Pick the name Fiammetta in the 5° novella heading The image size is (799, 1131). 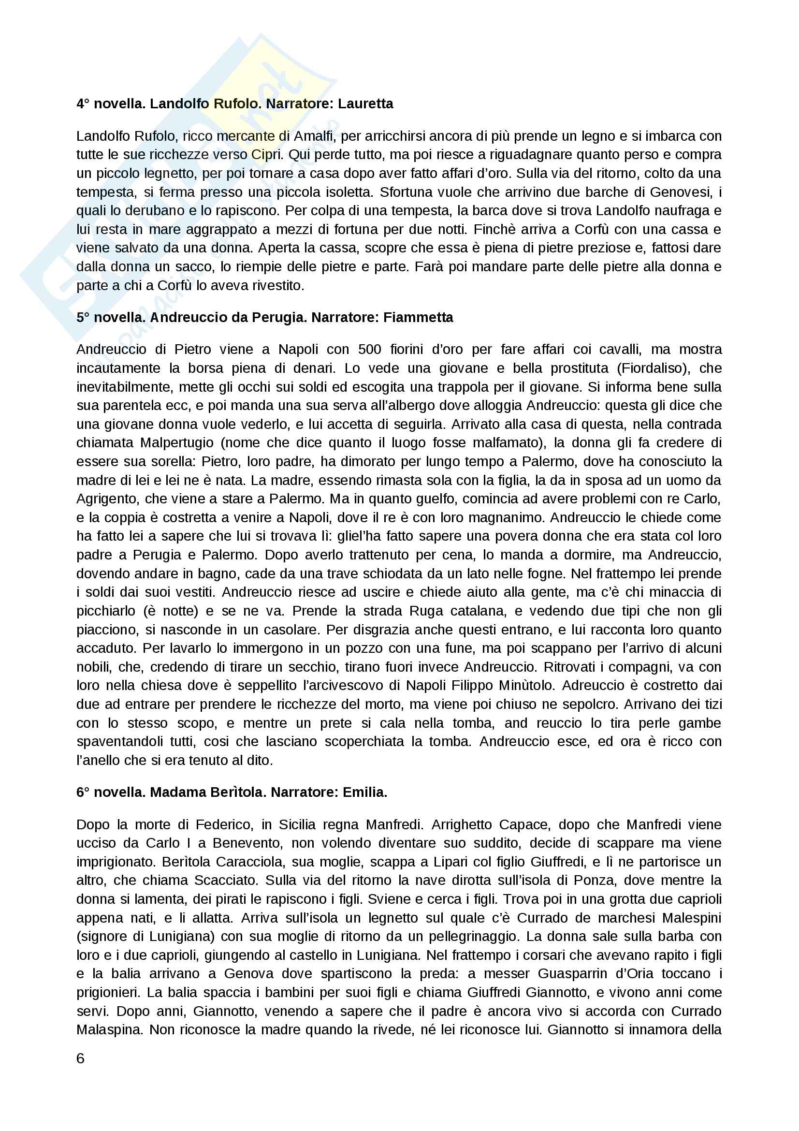click(x=418, y=317)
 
